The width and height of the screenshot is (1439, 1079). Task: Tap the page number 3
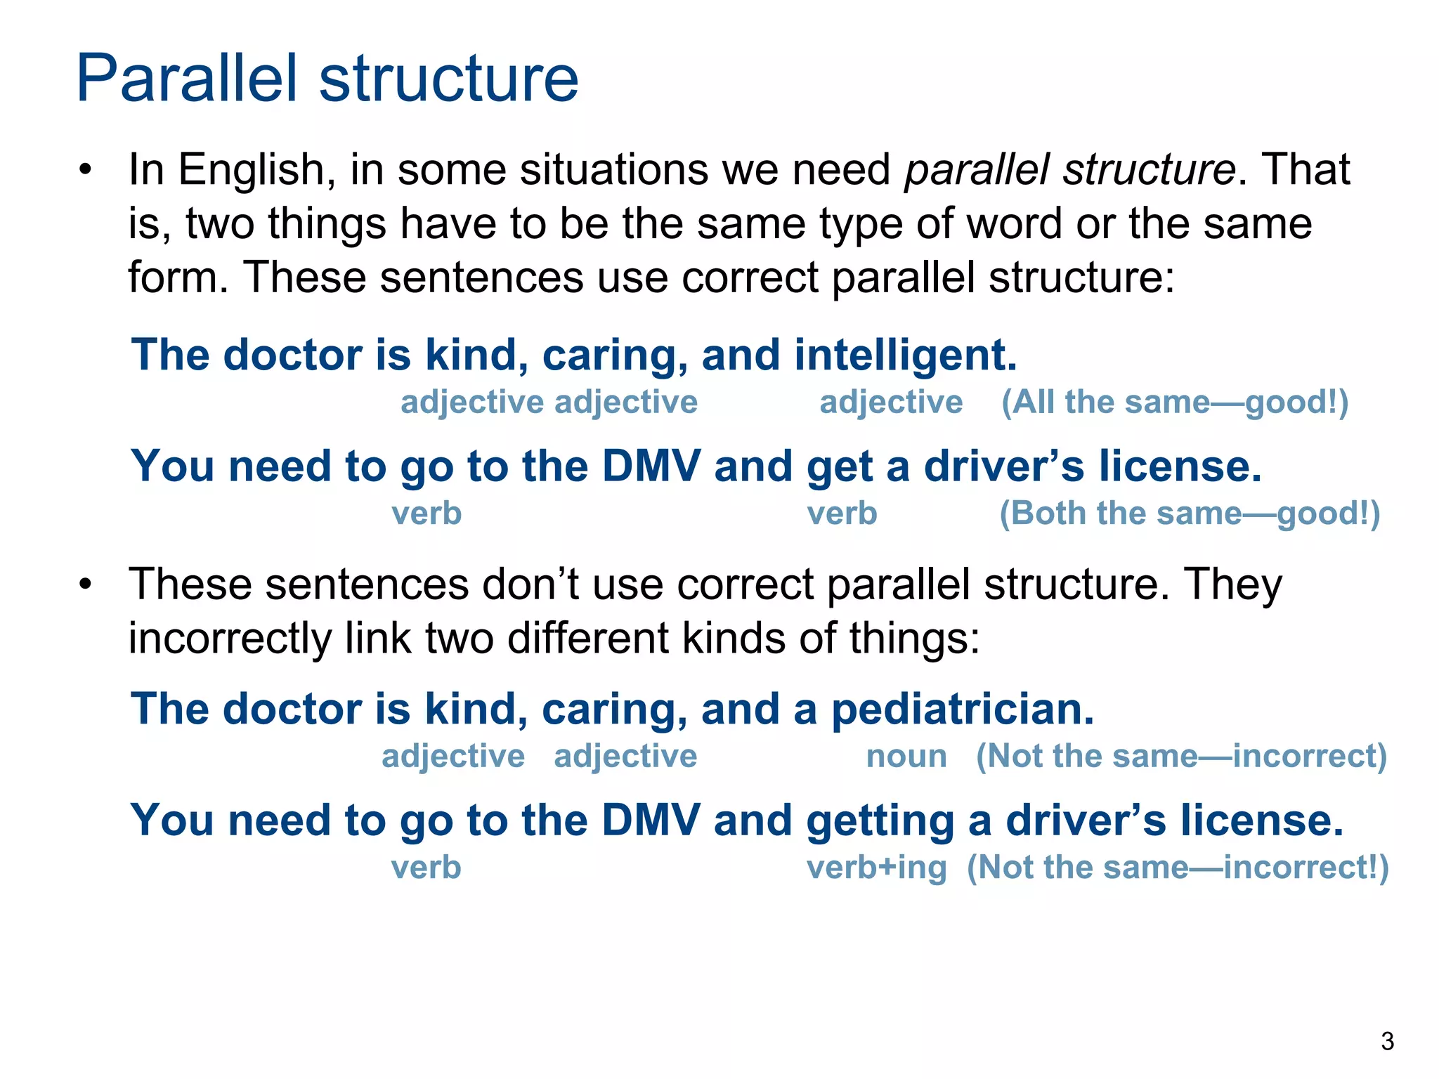click(1387, 1041)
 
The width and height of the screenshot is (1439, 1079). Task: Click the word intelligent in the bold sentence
click(905, 355)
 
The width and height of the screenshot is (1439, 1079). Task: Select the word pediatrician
click(963, 709)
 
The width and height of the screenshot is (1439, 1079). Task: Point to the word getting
click(880, 820)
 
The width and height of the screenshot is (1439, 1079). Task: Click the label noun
click(906, 757)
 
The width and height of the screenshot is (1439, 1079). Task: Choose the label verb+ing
click(876, 868)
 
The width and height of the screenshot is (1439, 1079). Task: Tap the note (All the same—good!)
click(1175, 403)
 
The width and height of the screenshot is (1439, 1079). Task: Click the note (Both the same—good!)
click(1190, 514)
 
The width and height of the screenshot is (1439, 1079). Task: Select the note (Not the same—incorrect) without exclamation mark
click(1181, 757)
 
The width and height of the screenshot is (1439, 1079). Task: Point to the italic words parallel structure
click(1070, 170)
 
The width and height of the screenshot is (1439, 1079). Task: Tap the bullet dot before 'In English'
click(86, 170)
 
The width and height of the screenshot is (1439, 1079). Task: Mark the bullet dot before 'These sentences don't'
click(86, 584)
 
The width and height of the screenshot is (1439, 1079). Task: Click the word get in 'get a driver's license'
click(840, 467)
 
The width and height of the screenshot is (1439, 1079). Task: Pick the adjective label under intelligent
click(891, 403)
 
